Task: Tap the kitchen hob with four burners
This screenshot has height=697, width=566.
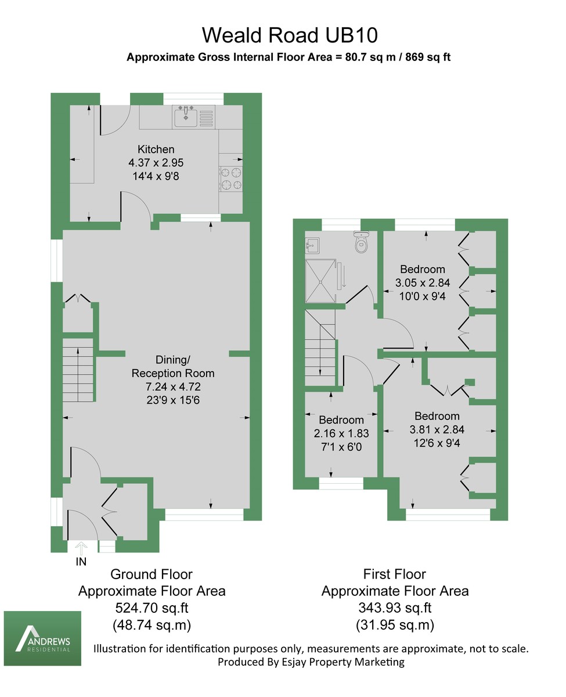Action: click(230, 178)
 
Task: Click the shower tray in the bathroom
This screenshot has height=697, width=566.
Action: click(320, 281)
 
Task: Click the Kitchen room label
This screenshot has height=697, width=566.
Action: click(156, 149)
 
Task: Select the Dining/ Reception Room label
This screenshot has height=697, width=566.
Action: click(173, 366)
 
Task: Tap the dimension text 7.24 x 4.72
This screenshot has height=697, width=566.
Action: click(173, 386)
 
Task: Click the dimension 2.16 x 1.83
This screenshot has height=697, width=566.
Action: click(341, 433)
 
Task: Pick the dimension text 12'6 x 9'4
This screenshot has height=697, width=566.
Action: click(437, 444)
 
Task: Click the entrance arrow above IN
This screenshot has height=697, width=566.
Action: click(81, 547)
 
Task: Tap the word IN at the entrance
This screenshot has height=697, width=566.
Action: click(82, 562)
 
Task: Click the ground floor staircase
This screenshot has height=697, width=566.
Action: click(78, 371)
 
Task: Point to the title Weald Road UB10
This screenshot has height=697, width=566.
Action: click(290, 35)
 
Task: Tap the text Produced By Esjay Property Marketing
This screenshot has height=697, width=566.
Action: click(311, 662)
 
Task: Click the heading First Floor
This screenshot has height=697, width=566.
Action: click(395, 574)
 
